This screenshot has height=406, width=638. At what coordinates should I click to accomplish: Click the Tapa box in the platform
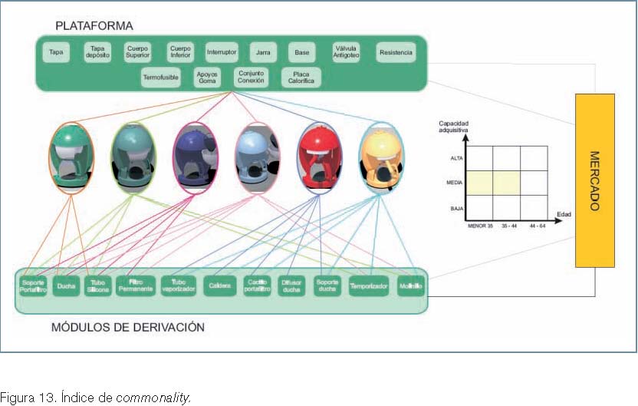[x=56, y=53]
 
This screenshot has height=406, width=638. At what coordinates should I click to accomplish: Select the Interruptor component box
[x=222, y=52]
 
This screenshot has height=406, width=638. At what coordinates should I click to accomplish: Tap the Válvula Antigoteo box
[x=347, y=52]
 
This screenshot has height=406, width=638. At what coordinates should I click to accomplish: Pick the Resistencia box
[x=396, y=53]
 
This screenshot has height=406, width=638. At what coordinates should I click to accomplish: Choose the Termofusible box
[x=160, y=77]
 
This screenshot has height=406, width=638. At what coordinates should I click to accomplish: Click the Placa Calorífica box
[x=301, y=77]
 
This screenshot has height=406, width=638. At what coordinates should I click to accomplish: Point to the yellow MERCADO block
[x=594, y=180]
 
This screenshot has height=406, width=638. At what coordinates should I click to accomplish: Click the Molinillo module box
[x=410, y=286]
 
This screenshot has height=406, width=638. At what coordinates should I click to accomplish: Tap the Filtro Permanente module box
[x=135, y=286]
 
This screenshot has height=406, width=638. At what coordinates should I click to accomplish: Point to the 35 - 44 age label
[x=509, y=226]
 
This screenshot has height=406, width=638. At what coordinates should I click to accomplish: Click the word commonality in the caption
[x=152, y=397]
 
